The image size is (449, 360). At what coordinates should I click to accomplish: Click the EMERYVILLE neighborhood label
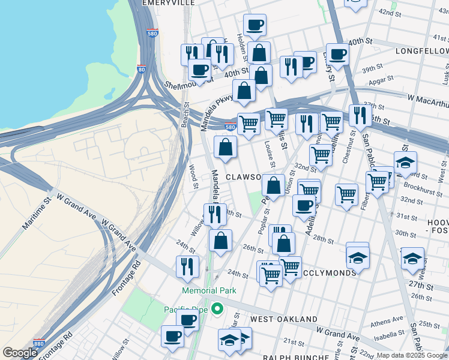coord(169,3)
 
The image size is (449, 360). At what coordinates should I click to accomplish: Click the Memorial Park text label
coord(209,290)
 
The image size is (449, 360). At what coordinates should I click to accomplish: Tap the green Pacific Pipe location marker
coord(217,310)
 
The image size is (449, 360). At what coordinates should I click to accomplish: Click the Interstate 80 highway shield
coord(141,70)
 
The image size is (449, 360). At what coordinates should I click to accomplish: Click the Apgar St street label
coord(381,79)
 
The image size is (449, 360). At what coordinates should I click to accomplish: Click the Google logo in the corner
coord(20,353)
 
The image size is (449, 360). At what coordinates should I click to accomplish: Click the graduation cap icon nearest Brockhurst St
coord(405,162)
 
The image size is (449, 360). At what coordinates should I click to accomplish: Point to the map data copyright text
coord(411,355)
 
